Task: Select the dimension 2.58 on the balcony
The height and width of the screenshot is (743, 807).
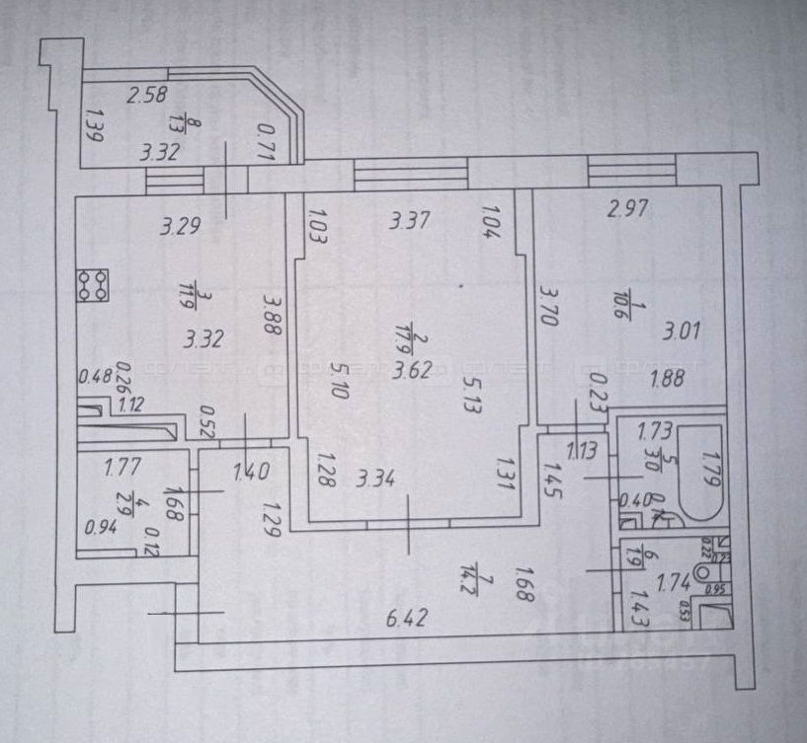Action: pos(147,95)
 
